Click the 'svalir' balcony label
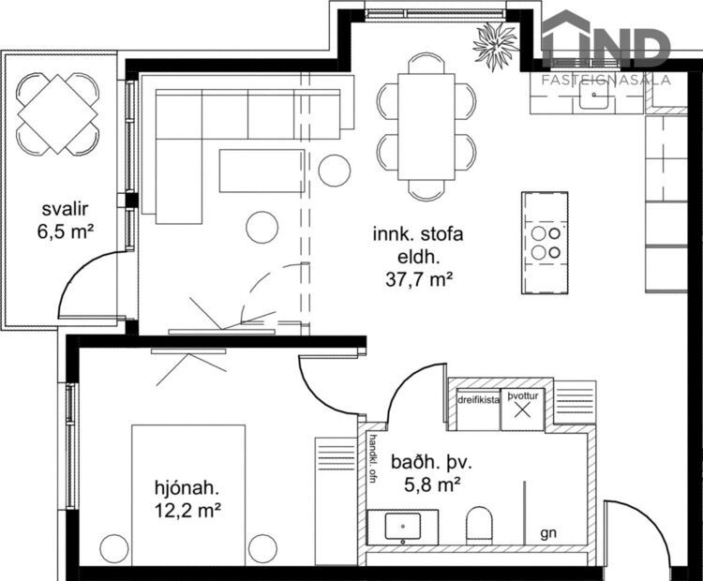click(64, 208)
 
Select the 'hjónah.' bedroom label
click(187, 487)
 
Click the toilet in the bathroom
click(479, 525)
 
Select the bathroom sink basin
click(403, 527)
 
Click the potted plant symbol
click(494, 40)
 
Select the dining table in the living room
click(426, 127)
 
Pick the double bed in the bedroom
click(188, 495)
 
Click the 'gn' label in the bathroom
click(548, 533)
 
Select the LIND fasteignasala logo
click(607, 49)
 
